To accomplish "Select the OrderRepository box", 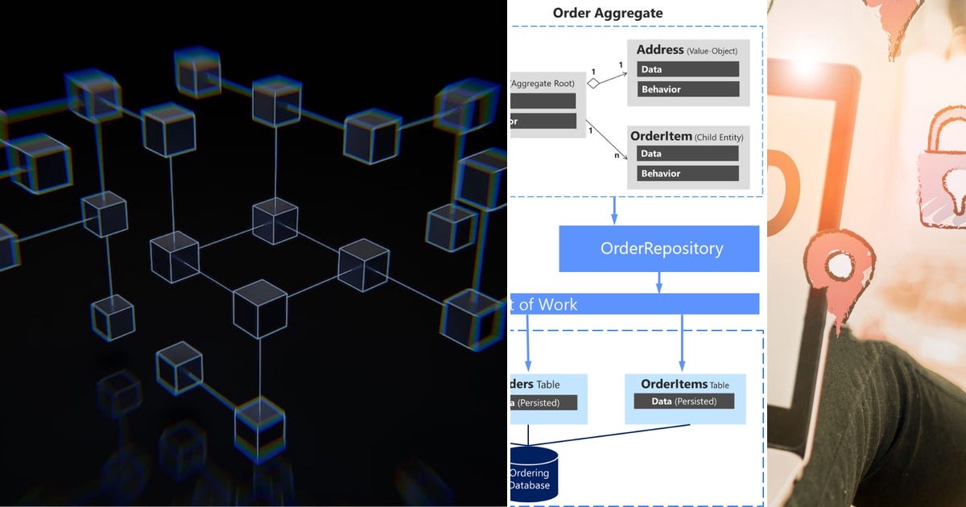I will (x=661, y=248).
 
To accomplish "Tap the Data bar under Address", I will (x=687, y=69).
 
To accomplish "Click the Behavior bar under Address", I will (x=687, y=89).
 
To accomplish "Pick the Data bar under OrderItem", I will (x=687, y=154).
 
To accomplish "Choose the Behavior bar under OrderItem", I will (x=687, y=173).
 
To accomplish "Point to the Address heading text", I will (x=660, y=50).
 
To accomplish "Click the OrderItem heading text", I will (x=661, y=136).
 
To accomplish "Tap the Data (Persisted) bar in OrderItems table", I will (x=683, y=401).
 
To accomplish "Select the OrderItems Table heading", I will (x=684, y=385).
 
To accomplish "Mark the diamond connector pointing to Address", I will (x=594, y=82).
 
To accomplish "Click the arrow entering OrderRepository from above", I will (x=614, y=211).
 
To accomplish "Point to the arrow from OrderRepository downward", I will (x=659, y=282).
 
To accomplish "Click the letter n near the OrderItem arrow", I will (x=617, y=155).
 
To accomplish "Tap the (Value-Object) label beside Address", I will (x=712, y=52).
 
